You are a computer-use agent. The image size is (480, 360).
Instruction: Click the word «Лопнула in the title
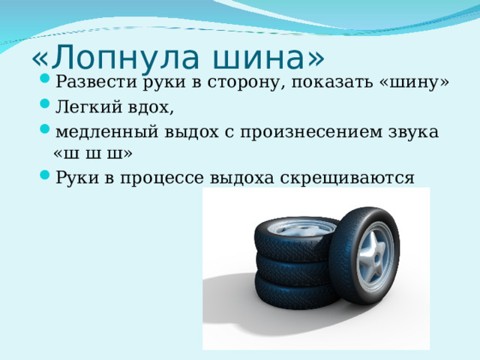tap(115, 58)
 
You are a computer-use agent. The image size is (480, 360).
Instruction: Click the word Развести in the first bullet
tap(96, 82)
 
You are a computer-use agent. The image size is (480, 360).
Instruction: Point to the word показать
tap(332, 82)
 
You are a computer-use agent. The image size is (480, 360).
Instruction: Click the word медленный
tap(107, 132)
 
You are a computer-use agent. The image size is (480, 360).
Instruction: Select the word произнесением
tap(311, 133)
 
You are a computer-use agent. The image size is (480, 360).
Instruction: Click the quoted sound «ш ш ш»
tap(93, 154)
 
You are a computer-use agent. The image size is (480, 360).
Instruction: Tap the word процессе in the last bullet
tap(162, 178)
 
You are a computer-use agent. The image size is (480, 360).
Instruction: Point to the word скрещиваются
tap(347, 178)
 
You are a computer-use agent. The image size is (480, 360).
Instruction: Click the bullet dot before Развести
tap(45, 78)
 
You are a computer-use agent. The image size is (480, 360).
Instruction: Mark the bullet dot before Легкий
tap(45, 103)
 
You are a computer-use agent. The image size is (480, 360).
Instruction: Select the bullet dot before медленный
tap(45, 128)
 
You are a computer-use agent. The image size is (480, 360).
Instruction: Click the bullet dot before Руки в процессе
tap(45, 175)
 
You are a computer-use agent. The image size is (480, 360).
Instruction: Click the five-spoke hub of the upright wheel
tap(375, 256)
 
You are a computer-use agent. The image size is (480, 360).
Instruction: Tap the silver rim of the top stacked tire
tap(301, 228)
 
